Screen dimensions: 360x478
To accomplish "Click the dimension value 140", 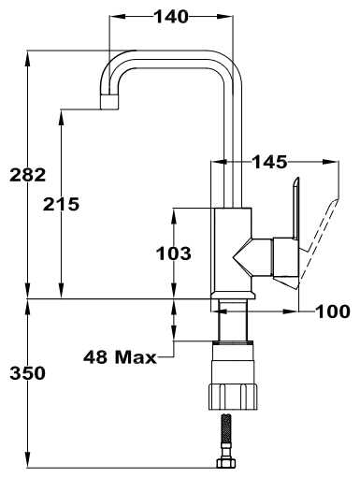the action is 172,17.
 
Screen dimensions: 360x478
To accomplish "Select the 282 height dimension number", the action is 28,175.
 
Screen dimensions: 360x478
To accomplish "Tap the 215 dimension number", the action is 61,204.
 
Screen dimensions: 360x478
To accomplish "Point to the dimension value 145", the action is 269,162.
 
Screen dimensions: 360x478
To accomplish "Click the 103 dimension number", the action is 174,253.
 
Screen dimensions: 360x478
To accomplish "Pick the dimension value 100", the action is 333,311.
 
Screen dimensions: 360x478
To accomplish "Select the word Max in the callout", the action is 136,357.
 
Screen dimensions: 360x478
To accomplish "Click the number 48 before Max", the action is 95,357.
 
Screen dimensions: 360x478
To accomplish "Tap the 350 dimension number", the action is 28,373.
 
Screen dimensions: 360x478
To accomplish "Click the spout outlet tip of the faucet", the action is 109,102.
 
